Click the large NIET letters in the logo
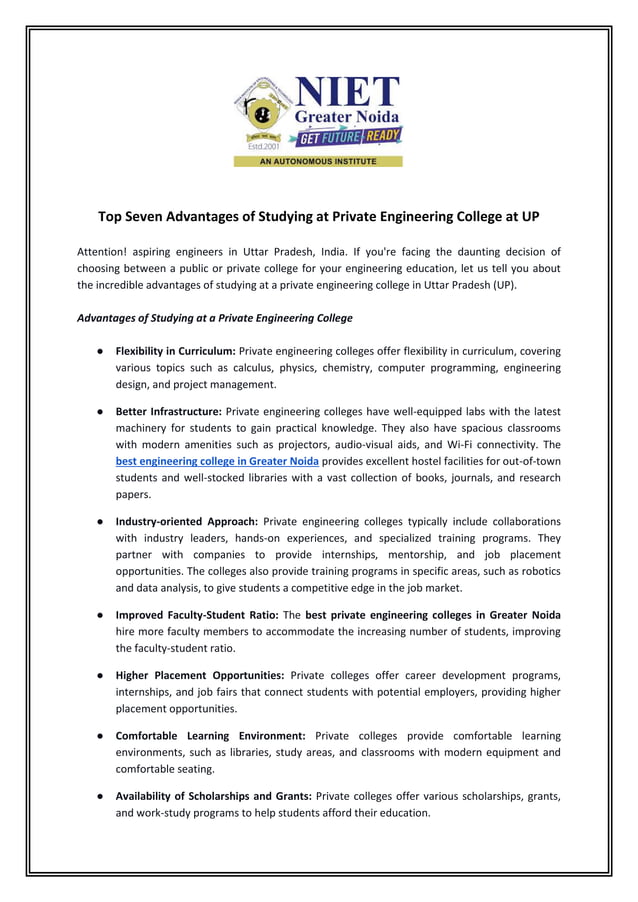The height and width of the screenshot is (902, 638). pyautogui.click(x=346, y=92)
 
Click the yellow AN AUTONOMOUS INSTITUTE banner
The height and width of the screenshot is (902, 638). pyautogui.click(x=318, y=161)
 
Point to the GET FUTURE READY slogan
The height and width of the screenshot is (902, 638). pyautogui.click(x=345, y=137)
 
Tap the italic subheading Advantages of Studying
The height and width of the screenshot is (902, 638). pyautogui.click(x=214, y=318)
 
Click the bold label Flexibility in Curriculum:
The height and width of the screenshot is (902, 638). pyautogui.click(x=175, y=351)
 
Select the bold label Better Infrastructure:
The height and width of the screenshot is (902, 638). pyautogui.click(x=168, y=411)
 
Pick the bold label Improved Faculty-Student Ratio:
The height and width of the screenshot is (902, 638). pyautogui.click(x=197, y=614)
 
